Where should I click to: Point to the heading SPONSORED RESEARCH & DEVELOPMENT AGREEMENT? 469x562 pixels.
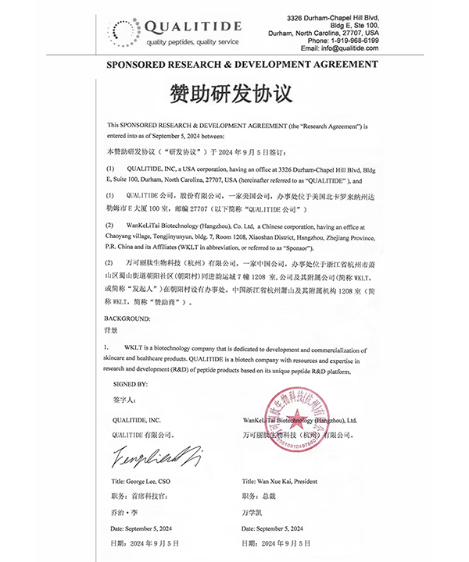point(234,68)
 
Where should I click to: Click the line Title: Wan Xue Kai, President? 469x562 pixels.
point(281,482)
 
